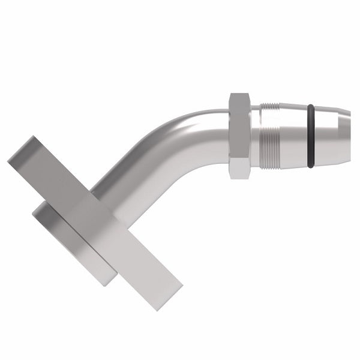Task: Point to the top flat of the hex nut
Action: pyautogui.click(x=239, y=96)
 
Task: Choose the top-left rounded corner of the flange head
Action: pyautogui.click(x=37, y=207)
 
